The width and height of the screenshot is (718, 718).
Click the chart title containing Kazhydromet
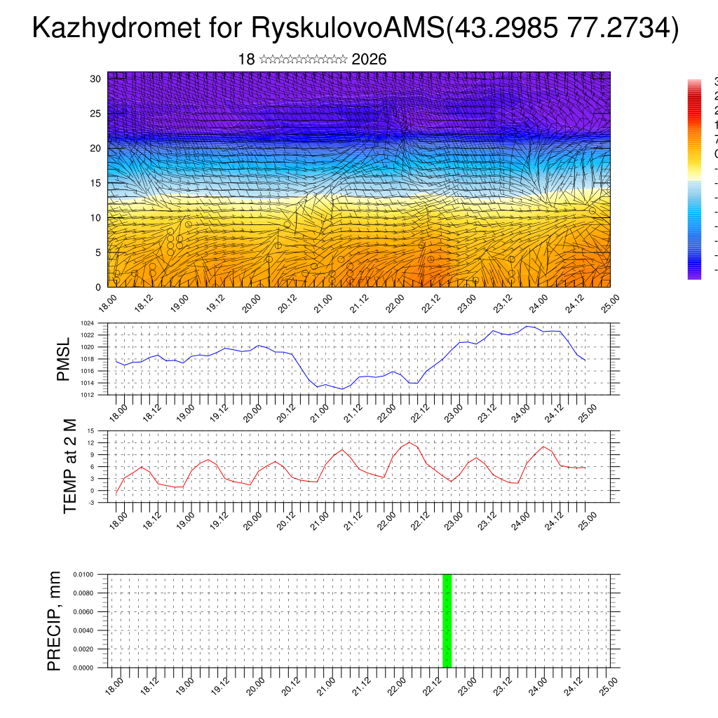[x=355, y=29]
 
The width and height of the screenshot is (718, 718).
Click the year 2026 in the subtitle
[x=369, y=60]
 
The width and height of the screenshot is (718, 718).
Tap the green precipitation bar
[x=447, y=621]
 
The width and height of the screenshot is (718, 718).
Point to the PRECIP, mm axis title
[x=55, y=621]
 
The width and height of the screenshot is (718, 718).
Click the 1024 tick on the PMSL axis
[x=87, y=323]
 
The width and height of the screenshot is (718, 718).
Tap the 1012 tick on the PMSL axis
[x=87, y=395]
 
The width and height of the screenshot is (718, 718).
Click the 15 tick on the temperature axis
[x=90, y=431]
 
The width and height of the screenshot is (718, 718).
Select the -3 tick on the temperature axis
[x=90, y=503]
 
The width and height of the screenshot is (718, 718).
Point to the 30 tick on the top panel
[x=96, y=79]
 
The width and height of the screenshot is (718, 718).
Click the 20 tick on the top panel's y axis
[x=96, y=148]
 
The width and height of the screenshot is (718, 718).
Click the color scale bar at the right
[x=694, y=179]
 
